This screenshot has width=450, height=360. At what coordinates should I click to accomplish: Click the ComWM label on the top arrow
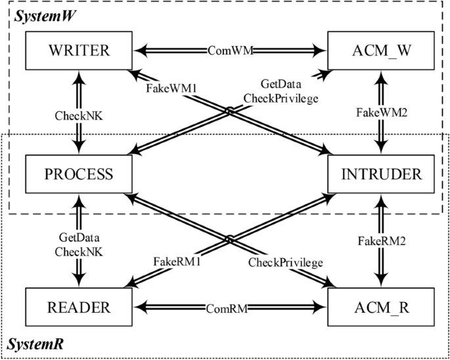pos(231,49)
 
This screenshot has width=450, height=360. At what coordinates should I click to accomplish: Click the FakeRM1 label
pos(177,260)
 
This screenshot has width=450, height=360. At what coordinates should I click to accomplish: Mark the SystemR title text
pos(32,344)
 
